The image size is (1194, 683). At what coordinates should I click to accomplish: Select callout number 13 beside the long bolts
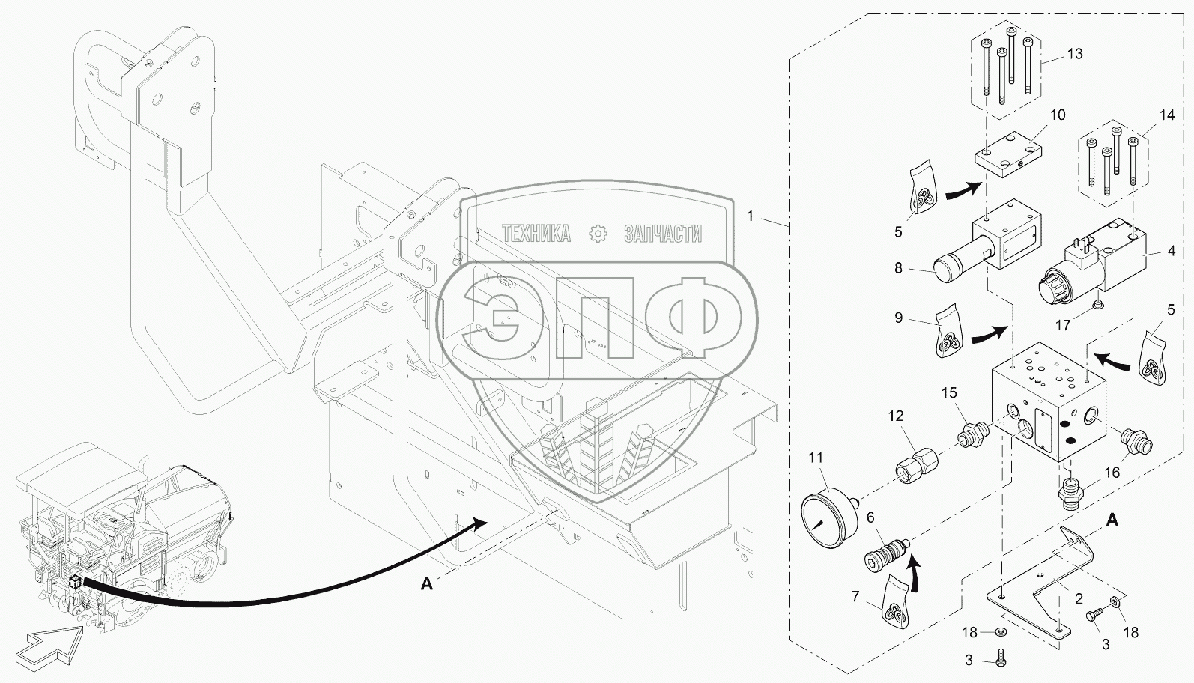pos(1075,55)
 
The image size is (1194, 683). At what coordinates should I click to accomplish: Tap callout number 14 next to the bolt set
pos(1167,116)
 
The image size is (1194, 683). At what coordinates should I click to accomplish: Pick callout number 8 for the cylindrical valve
pos(899,266)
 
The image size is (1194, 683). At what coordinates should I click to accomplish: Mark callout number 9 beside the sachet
pos(899,318)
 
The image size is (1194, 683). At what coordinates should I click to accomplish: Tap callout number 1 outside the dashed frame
pos(751,216)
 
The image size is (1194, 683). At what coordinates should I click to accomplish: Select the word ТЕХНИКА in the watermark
pos(536,234)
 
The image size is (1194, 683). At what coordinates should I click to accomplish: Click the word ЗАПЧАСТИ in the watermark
pos(662,234)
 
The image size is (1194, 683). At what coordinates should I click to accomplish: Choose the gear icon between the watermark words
pos(598,234)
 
